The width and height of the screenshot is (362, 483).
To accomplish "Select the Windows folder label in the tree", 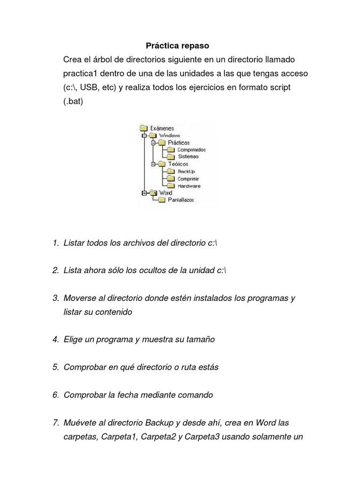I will (x=169, y=135).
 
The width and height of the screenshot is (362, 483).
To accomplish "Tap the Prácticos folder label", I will (x=179, y=142).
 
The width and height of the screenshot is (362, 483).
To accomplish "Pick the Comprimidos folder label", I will (x=191, y=150).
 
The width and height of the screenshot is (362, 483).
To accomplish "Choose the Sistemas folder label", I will (x=188, y=157).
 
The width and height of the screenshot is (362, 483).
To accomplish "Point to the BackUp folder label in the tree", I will (x=186, y=171).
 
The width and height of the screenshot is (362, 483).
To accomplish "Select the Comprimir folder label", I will (x=188, y=179).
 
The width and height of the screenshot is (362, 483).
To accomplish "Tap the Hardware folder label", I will (x=189, y=186).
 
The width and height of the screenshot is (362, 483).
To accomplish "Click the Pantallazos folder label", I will (x=181, y=200).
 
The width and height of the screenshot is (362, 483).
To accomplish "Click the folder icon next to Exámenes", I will (x=144, y=128).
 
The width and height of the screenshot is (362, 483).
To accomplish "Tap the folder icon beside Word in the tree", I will (x=153, y=192).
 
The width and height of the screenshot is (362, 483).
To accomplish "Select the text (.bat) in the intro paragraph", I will (x=74, y=101).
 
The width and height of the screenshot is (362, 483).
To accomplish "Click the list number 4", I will (x=55, y=340).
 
